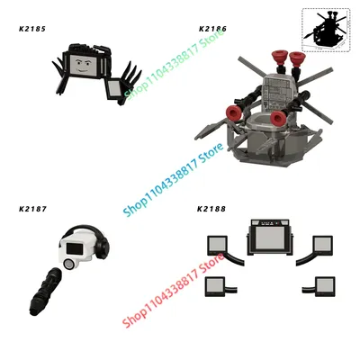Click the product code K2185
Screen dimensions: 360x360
tap(32, 29)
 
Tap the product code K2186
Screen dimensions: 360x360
tap(212, 29)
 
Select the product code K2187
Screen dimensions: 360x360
tap(32, 209)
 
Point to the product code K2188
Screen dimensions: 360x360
tap(211, 209)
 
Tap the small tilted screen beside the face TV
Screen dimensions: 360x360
tap(115, 88)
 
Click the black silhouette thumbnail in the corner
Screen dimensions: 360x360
tap(326, 29)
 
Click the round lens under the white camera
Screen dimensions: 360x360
tap(69, 264)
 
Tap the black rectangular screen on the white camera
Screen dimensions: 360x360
tap(75, 249)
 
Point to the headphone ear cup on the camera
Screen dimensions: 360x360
tap(104, 247)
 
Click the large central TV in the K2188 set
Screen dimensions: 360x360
tap(270, 237)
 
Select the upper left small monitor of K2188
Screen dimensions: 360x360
tap(217, 246)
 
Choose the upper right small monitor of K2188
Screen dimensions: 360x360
tap(322, 246)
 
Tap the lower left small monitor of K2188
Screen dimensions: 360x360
tap(215, 287)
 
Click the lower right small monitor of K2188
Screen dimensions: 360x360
tap(325, 287)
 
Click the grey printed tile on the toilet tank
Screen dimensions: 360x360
tap(277, 92)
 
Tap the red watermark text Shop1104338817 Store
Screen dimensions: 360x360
tap(174, 291)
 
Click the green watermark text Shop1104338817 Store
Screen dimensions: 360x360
tap(174, 64)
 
